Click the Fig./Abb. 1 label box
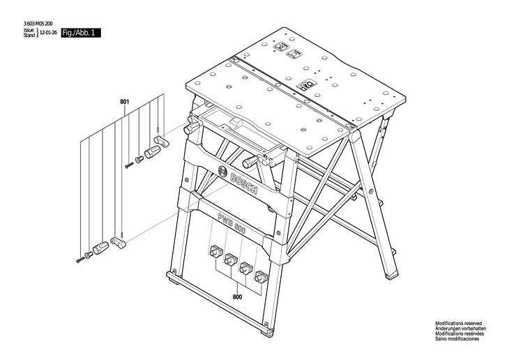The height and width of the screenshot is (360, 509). click(81, 33)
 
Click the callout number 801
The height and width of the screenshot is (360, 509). click(125, 102)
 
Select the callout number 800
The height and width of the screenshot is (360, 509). click(237, 297)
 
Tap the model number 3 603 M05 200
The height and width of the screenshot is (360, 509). click(38, 24)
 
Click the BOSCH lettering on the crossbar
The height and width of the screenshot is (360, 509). click(244, 184)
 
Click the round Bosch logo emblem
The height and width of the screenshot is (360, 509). click(222, 171)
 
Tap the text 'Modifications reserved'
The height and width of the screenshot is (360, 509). click(458, 324)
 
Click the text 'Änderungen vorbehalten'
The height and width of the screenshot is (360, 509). click(460, 329)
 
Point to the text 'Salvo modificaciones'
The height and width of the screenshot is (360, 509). click(457, 339)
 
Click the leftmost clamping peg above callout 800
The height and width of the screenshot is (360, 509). click(215, 251)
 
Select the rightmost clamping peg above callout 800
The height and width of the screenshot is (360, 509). click(261, 276)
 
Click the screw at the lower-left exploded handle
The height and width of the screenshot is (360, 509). click(80, 260)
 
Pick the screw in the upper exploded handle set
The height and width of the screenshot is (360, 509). click(129, 165)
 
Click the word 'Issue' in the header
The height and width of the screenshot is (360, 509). click(29, 30)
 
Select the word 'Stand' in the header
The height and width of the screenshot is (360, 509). click(29, 35)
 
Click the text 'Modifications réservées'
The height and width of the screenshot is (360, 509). click(459, 333)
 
